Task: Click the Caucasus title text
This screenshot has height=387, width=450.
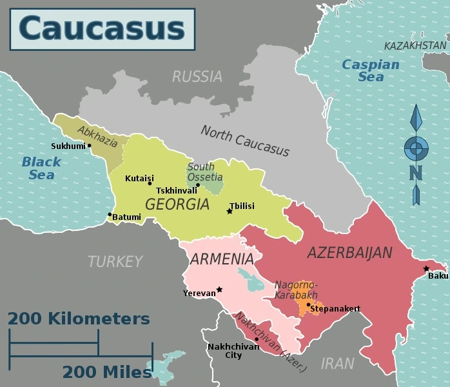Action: click(102, 29)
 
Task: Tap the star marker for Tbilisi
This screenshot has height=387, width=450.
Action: click(230, 211)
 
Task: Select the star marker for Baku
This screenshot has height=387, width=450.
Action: click(426, 268)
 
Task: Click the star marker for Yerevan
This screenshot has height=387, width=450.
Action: click(220, 290)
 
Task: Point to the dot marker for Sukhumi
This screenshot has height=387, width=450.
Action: click(89, 145)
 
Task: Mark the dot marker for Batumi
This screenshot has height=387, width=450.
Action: click(110, 214)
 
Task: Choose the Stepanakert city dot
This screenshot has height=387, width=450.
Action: click(308, 304)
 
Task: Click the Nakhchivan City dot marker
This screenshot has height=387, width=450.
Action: click(257, 339)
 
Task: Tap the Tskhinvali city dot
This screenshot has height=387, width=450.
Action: click(198, 185)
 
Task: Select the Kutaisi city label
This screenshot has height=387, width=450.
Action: click(139, 178)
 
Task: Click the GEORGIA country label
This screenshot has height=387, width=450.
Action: click(177, 204)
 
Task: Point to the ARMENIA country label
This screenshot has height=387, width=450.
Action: click(221, 259)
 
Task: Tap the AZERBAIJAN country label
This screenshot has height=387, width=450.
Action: click(349, 252)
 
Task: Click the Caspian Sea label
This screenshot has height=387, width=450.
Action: click(371, 70)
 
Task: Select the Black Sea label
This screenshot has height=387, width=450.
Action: click(41, 168)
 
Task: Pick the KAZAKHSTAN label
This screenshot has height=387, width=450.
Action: click(415, 46)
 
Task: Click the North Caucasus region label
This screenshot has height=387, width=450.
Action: click(245, 141)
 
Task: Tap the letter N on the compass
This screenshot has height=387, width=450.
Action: click(416, 172)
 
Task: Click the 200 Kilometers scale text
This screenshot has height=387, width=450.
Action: click(79, 319)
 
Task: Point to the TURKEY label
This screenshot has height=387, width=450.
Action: click(115, 261)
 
